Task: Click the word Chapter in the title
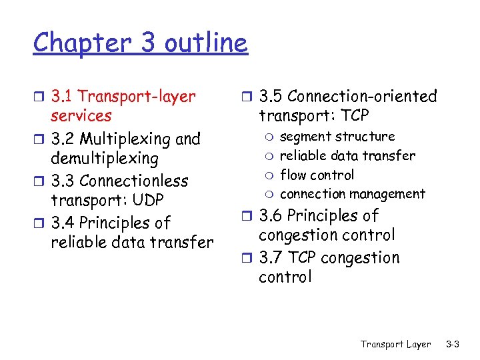click(x=74, y=44)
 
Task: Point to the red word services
click(x=81, y=116)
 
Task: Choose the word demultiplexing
click(x=105, y=159)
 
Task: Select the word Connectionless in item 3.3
click(x=133, y=181)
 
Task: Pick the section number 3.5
click(x=271, y=97)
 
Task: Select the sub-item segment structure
click(x=337, y=137)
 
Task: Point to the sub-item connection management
click(x=352, y=194)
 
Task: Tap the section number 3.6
click(x=271, y=216)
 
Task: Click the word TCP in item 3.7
click(x=303, y=258)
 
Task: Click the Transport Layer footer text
click(x=395, y=344)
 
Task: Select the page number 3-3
click(x=453, y=344)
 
